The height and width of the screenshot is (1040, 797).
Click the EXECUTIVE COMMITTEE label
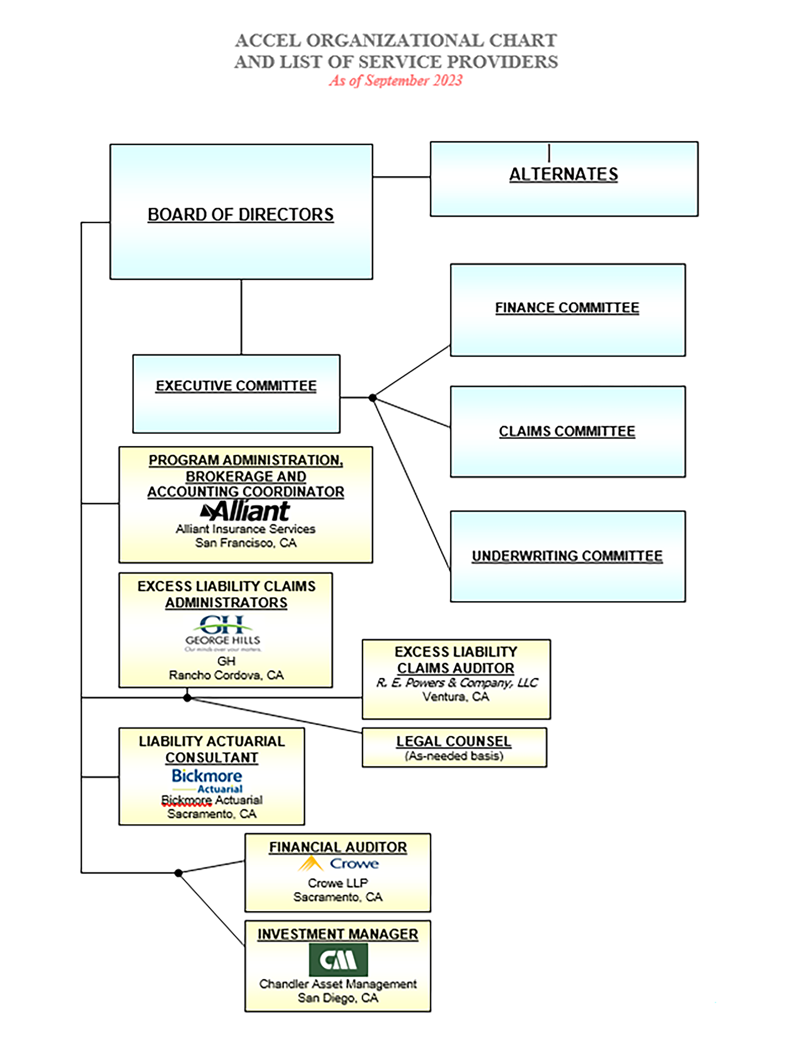pyautogui.click(x=236, y=386)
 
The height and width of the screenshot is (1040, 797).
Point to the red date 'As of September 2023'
pyautogui.click(x=396, y=81)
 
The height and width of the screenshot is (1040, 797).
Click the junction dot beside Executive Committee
pyautogui.click(x=373, y=398)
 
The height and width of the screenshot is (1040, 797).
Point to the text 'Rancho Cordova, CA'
pyautogui.click(x=226, y=675)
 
